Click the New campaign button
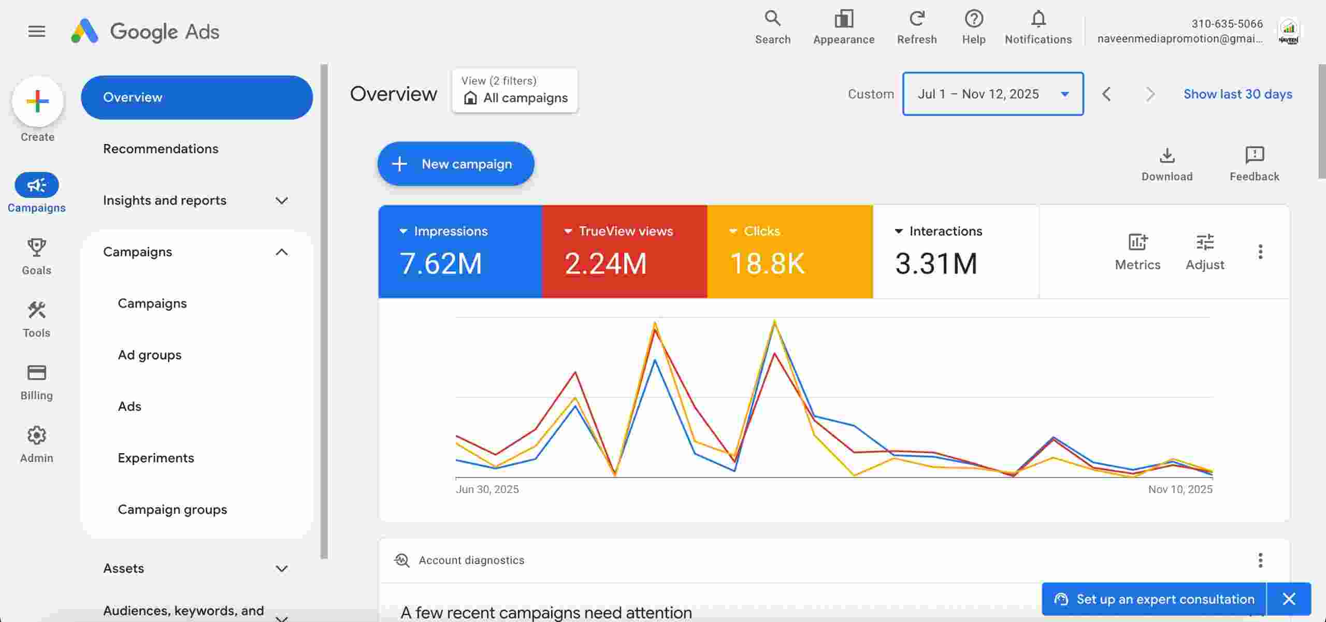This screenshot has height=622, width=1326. coord(456,164)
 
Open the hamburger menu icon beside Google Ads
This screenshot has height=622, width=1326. coord(37,32)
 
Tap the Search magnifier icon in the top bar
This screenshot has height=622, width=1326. coord(772,19)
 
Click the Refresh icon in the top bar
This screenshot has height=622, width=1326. coord(917,19)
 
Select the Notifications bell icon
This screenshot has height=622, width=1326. coord(1038,19)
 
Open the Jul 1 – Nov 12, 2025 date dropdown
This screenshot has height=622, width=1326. coord(992,94)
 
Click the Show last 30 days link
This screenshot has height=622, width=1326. coord(1237,94)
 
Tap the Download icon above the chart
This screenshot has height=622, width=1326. coord(1167,155)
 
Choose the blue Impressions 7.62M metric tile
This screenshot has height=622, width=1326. coord(460,252)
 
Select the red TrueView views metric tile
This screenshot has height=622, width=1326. coord(625,252)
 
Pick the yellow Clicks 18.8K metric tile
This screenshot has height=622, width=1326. coord(790,252)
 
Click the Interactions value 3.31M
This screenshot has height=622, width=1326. coord(936,263)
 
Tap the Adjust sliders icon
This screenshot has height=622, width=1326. coord(1205,242)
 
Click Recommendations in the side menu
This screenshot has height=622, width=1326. coord(161,149)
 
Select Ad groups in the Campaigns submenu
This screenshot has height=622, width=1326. coord(150,355)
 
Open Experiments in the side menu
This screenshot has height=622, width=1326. coord(156,458)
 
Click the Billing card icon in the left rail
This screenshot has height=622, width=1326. coord(37,373)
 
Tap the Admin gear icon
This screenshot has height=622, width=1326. coord(37,436)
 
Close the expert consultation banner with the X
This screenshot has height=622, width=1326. coord(1289,599)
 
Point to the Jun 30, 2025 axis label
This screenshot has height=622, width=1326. coord(487,489)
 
